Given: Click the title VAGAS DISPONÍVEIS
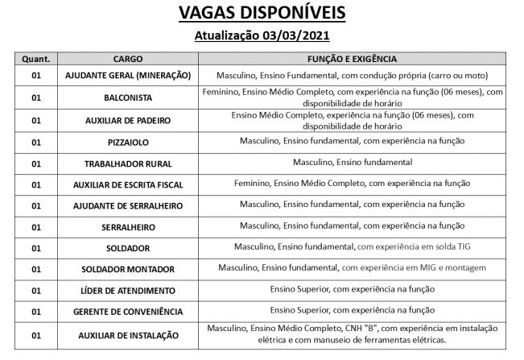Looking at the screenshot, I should click(262, 14).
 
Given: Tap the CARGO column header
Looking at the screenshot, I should click(128, 59).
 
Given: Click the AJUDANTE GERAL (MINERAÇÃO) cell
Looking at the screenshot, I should click(128, 75).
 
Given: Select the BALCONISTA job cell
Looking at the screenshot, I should click(128, 97).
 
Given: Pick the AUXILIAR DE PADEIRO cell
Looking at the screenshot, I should click(128, 121).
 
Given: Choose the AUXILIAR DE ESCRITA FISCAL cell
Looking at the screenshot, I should click(128, 184).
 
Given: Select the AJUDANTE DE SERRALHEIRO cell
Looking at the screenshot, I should click(128, 206).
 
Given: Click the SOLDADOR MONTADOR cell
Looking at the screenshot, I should click(128, 268).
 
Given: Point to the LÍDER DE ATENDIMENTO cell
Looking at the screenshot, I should click(128, 289).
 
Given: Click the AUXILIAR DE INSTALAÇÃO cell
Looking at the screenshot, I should click(128, 333).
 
